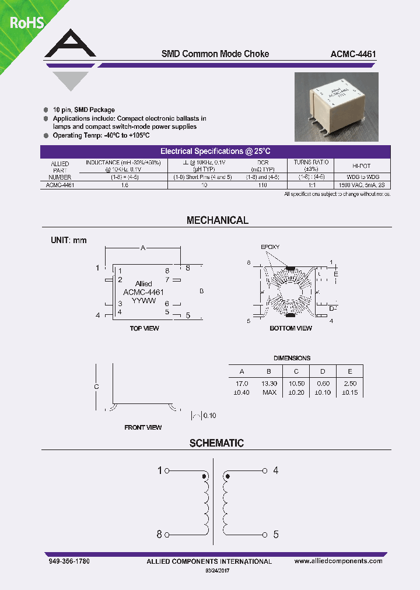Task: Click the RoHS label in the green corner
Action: point(26,23)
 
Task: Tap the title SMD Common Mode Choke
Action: point(215,54)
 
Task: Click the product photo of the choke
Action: point(336,107)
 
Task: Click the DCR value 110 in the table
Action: point(262,185)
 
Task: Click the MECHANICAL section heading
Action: point(217,220)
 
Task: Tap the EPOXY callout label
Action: point(270,247)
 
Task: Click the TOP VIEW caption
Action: point(144,328)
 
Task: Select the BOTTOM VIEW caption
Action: point(290,328)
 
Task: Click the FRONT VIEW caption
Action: point(143,427)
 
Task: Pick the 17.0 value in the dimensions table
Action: point(242,384)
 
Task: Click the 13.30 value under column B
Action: point(269,384)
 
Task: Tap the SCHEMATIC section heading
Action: point(216,443)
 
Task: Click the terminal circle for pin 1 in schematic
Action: point(167,470)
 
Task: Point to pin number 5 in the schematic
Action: point(276,535)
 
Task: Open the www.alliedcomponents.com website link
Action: point(338,561)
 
